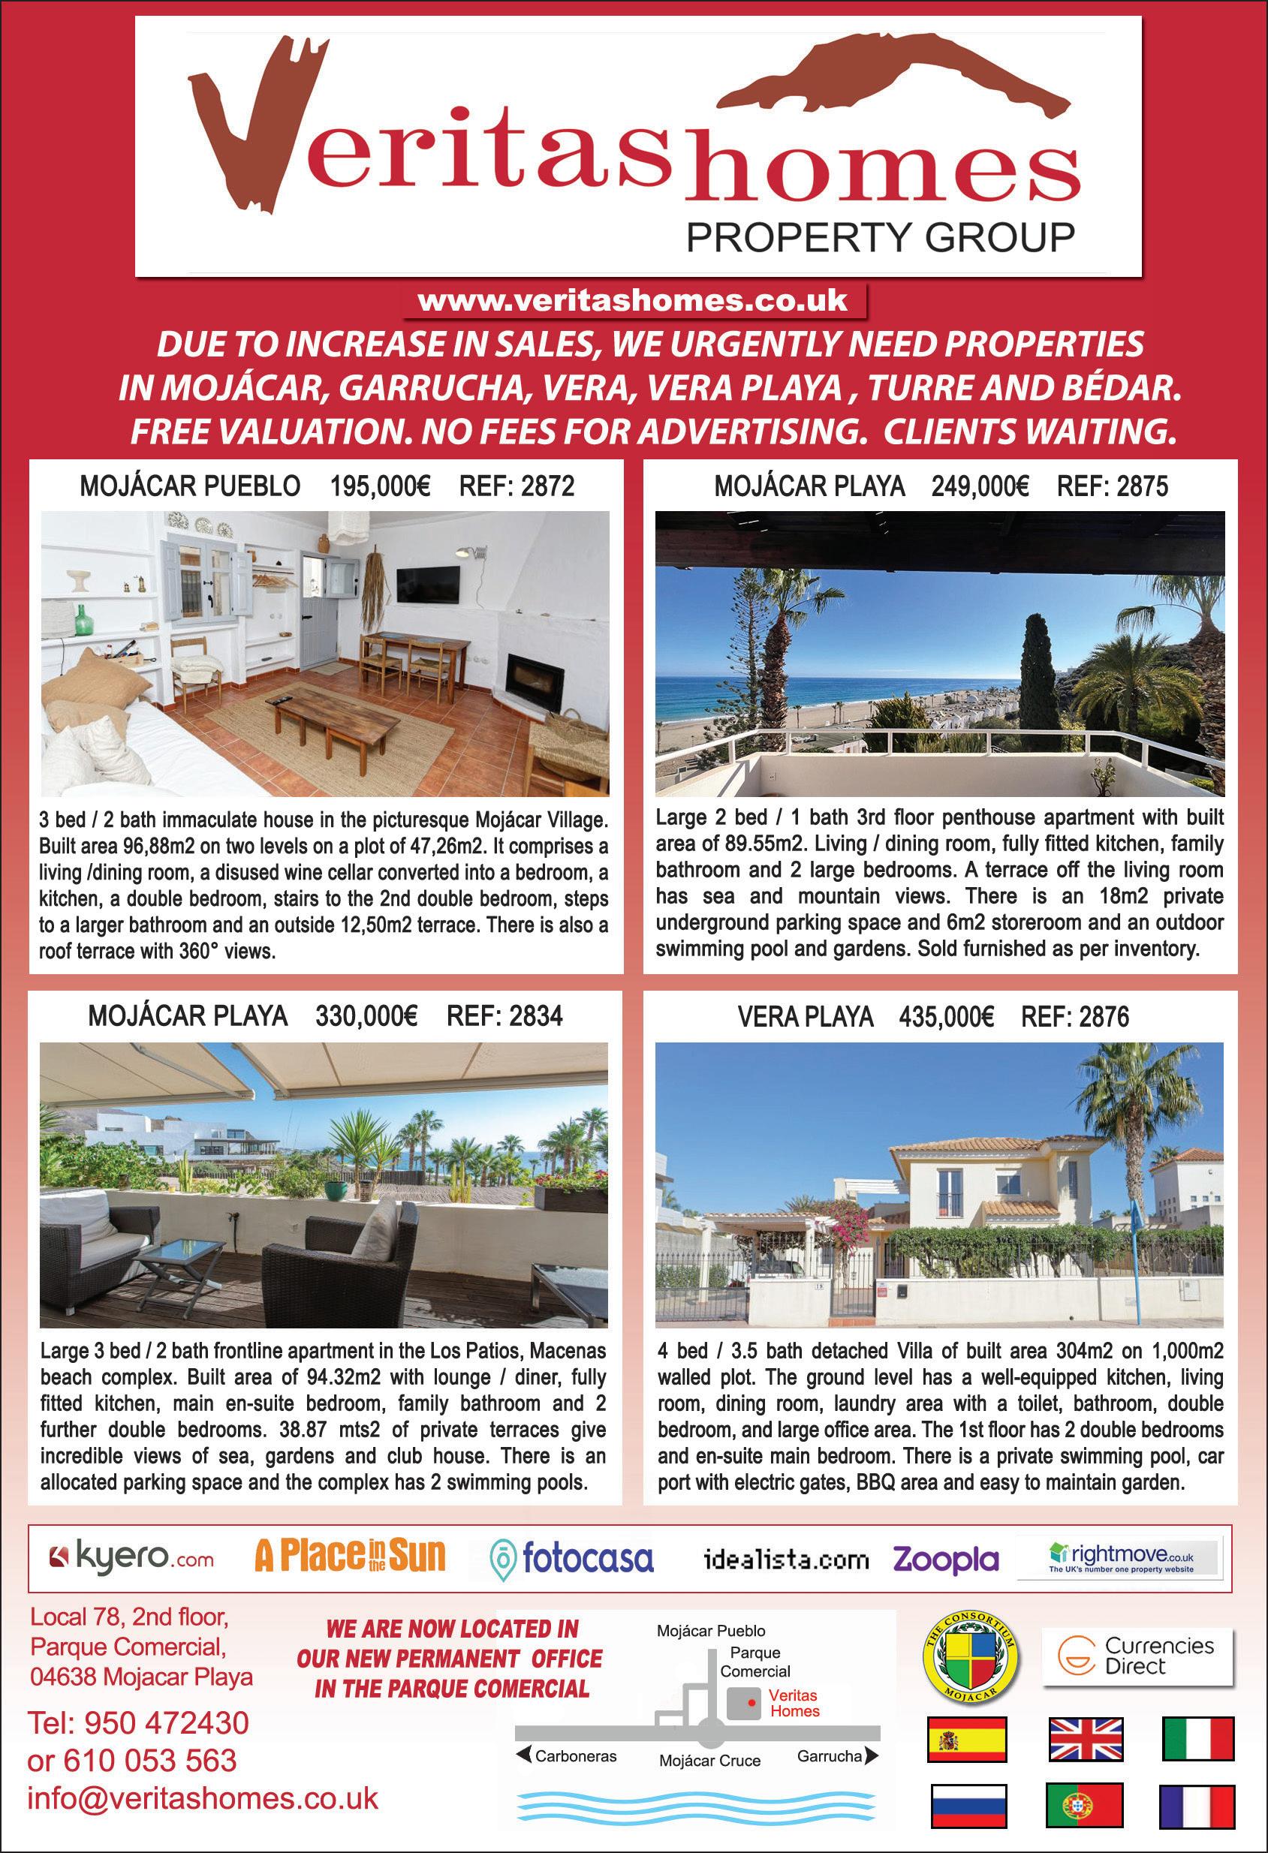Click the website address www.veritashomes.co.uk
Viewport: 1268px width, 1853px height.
pyautogui.click(x=632, y=301)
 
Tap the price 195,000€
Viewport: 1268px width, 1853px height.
pyautogui.click(x=381, y=486)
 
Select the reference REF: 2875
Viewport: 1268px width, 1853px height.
pyautogui.click(x=1112, y=486)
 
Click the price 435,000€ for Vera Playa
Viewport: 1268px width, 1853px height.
pyautogui.click(x=946, y=1018)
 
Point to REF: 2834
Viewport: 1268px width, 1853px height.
pyautogui.click(x=504, y=1017)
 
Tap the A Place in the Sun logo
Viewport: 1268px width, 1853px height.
pyautogui.click(x=350, y=1556)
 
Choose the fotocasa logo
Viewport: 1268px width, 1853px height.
pyautogui.click(x=573, y=1557)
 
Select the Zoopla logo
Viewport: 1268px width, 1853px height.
pyautogui.click(x=946, y=1559)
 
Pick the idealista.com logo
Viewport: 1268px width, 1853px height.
pyautogui.click(x=786, y=1560)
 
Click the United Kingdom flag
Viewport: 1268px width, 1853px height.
pyautogui.click(x=1086, y=1739)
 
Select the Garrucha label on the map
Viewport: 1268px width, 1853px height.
pyautogui.click(x=830, y=1755)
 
